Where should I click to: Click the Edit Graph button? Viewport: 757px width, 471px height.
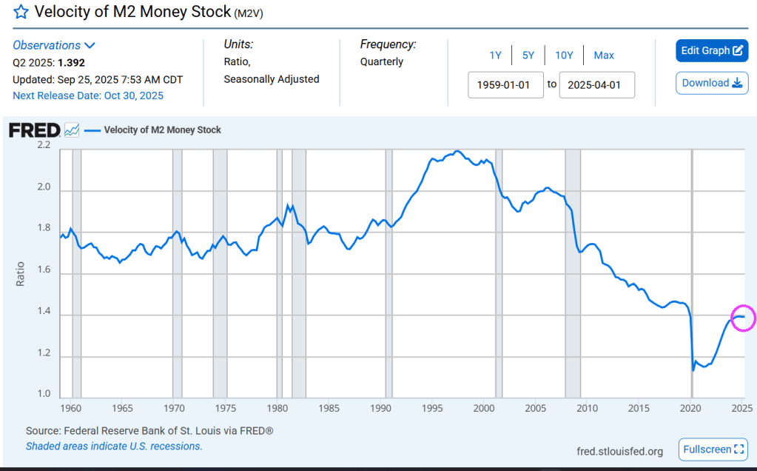point(712,50)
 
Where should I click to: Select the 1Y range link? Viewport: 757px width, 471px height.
point(495,56)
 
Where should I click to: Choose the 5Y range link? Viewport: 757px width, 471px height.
point(528,56)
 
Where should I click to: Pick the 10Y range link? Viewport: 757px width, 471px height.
point(564,56)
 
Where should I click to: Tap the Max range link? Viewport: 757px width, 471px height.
point(604,56)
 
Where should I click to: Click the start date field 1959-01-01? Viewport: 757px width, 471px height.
point(505,84)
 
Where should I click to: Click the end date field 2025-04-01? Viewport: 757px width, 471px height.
point(596,84)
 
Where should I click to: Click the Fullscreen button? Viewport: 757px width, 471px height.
point(713,450)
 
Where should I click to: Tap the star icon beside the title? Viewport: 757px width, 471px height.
point(21,12)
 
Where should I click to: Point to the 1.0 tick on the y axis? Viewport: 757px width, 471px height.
point(44,395)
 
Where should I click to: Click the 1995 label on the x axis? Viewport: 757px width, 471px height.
point(432,408)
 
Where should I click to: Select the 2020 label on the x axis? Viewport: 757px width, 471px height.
point(690,408)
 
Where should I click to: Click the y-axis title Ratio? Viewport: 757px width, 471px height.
point(20,273)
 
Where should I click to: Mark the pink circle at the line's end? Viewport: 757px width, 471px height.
point(742,318)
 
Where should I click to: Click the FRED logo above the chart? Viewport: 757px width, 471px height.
point(34,130)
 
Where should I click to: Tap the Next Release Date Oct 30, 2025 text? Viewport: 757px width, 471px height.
point(88,96)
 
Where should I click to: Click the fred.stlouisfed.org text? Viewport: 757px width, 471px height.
point(620,451)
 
